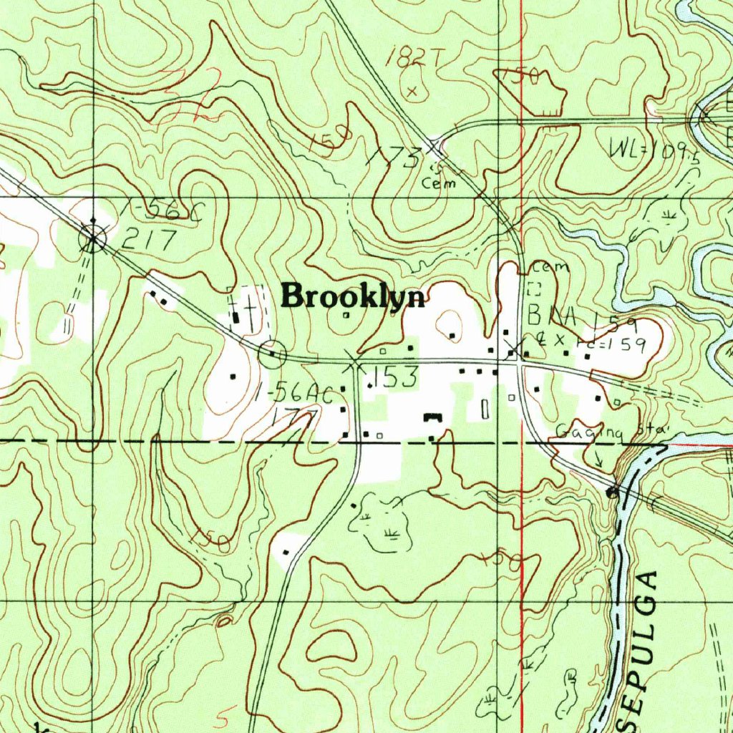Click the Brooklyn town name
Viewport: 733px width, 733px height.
pyautogui.click(x=353, y=296)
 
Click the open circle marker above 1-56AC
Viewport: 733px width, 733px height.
pyautogui.click(x=273, y=354)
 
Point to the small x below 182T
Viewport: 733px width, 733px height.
pyautogui.click(x=412, y=91)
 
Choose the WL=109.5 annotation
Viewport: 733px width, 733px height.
pyautogui.click(x=652, y=150)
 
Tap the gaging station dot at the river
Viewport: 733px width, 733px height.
pyautogui.click(x=611, y=492)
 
